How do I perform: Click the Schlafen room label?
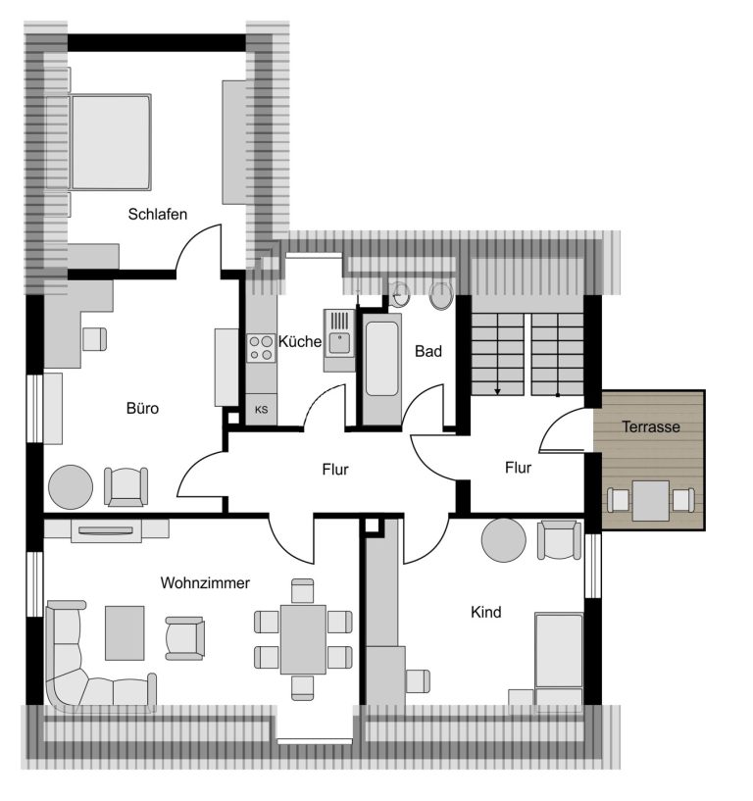pos(157,214)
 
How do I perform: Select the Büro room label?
pos(142,408)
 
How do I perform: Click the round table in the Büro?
pos(71,487)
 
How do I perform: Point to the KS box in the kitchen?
pos(261,409)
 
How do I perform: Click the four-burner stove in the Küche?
pos(261,348)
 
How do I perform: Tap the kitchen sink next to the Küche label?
pos(339,339)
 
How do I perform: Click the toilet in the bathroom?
pos(441,295)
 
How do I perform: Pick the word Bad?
pos(428,351)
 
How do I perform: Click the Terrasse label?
pos(651,426)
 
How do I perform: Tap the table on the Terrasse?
pos(650,501)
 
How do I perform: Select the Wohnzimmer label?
pos(205,583)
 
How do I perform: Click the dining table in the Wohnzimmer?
pos(303,639)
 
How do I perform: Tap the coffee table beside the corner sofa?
pos(125,633)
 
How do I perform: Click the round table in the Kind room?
pos(504,540)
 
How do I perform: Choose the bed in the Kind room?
pos(559,662)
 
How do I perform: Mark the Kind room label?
pos(486,612)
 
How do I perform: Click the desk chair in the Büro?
pos(94,338)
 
